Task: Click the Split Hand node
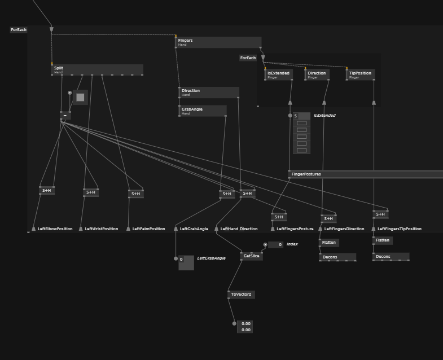97,69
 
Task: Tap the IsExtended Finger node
279,74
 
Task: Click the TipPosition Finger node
361,74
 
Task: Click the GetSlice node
251,256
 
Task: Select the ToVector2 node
242,295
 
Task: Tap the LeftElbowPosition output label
55,229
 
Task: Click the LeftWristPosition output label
102,229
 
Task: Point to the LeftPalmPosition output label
149,229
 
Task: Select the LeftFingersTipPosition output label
400,229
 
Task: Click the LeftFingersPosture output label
295,229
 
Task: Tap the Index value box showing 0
276,245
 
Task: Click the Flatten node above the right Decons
383,240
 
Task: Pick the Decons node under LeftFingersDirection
337,257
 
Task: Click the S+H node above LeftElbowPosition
47,191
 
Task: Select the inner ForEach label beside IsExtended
248,58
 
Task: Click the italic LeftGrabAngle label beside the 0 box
211,258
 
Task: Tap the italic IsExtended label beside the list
324,116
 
